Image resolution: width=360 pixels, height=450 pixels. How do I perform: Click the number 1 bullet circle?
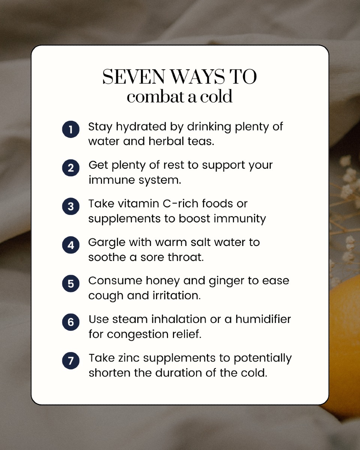(71, 129)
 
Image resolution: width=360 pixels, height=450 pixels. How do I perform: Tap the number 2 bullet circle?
(71, 168)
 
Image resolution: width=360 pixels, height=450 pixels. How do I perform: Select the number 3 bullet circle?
(71, 206)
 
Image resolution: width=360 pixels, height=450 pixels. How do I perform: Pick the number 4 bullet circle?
(71, 245)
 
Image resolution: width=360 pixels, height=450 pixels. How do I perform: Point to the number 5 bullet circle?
(71, 283)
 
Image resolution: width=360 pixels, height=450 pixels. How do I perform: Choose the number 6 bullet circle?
(71, 322)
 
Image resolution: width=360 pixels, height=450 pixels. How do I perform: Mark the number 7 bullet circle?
(71, 361)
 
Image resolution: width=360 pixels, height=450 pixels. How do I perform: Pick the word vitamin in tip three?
(138, 204)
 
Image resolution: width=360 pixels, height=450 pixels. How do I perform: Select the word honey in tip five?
(163, 281)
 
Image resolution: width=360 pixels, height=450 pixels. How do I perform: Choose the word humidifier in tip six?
(263, 319)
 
